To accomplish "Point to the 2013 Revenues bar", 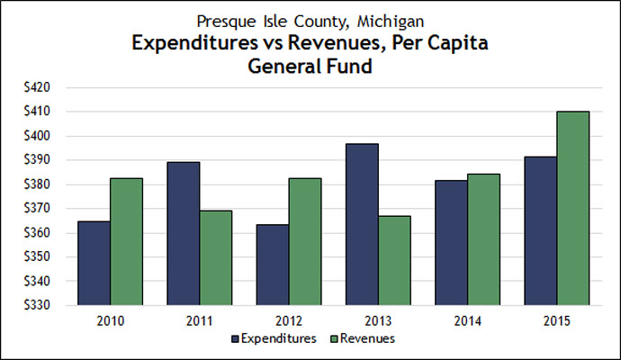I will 391,260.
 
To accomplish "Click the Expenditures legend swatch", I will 237,339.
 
